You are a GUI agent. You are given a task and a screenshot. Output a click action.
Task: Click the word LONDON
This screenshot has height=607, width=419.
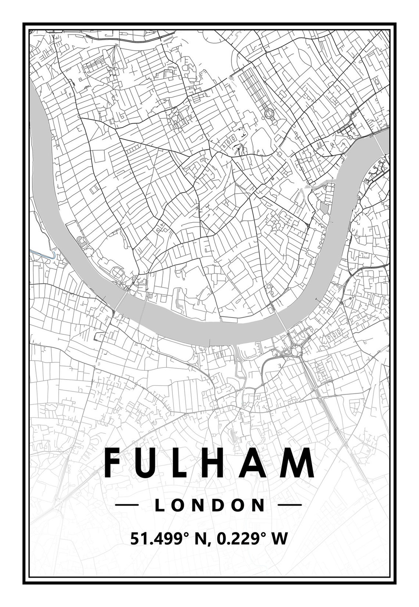[209, 505]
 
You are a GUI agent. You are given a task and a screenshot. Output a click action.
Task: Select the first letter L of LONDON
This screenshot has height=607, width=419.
[160, 505]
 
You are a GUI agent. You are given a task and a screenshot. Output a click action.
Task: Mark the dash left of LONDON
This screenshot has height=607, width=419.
[127, 505]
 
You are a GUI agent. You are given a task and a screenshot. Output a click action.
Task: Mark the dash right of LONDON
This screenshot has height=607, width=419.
[289, 505]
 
